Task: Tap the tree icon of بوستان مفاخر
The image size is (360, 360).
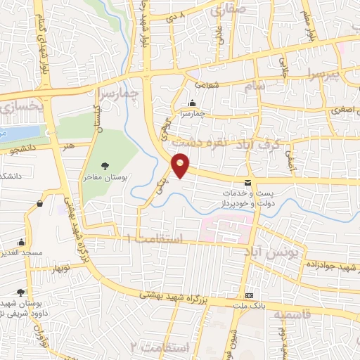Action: tap(105, 165)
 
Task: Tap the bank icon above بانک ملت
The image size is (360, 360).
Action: tap(250, 295)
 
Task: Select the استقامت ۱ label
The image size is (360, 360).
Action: tap(157, 240)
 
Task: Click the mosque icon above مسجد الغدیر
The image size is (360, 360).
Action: tap(22, 241)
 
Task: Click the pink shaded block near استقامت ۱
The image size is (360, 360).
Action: tap(225, 226)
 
